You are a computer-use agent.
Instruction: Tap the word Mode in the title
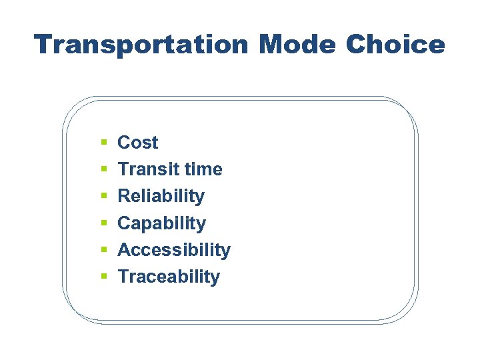point(297,45)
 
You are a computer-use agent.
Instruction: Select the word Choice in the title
point(395,45)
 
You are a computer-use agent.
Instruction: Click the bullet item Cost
point(137,143)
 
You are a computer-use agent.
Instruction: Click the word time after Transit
point(203,169)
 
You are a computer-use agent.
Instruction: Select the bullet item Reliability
point(161,196)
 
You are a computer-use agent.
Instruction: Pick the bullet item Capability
point(161,223)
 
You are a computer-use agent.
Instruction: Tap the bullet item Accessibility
point(173,250)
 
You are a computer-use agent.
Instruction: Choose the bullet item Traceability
point(168,277)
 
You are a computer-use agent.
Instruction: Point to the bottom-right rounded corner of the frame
point(405,312)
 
